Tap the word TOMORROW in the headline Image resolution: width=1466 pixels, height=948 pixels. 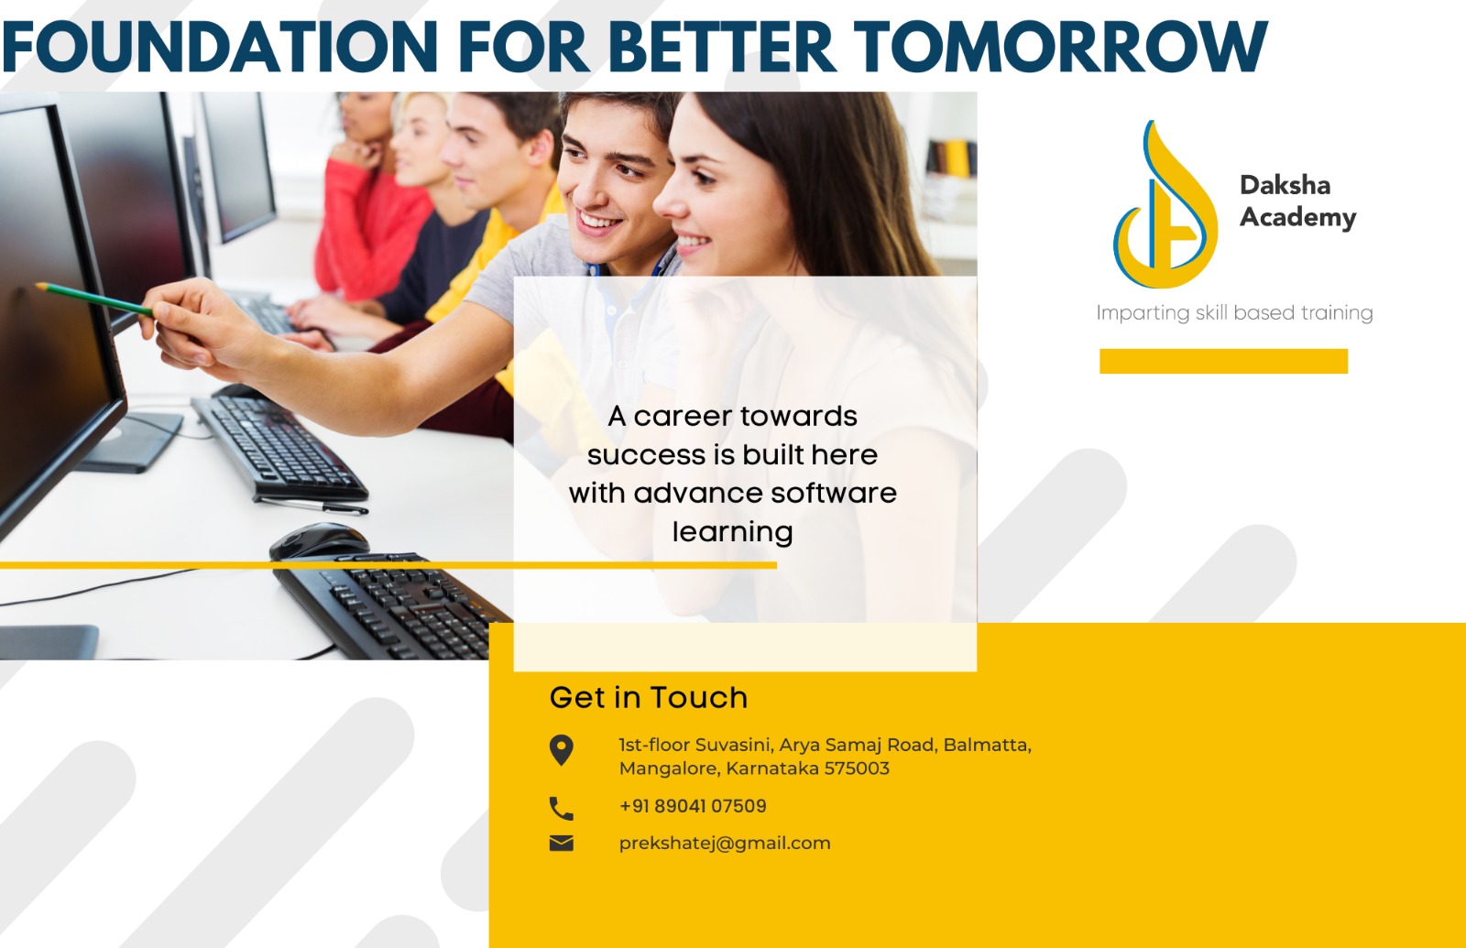pos(1061,47)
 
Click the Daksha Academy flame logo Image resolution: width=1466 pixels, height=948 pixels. pos(1165,204)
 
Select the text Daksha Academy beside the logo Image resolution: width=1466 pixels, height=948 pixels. pos(1297,201)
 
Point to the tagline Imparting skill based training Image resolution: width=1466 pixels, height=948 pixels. pos(1234,312)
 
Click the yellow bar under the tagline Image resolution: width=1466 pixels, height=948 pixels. pos(1223,361)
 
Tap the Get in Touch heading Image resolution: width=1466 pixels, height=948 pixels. pos(648,697)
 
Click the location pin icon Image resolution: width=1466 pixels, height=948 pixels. pos(562,750)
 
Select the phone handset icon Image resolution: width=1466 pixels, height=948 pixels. pos(562,809)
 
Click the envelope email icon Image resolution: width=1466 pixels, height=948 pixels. pos(562,844)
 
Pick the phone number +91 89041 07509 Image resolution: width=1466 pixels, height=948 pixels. pos(693,806)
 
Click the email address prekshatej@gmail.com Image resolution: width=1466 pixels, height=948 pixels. pos(725,844)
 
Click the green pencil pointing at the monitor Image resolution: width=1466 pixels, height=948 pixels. pos(94,300)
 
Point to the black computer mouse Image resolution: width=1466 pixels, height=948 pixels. pos(320,540)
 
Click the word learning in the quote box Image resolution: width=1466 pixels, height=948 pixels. pos(732,532)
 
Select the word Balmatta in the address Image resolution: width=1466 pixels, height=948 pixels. pos(988,746)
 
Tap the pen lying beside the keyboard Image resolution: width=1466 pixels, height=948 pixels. pos(312,505)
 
